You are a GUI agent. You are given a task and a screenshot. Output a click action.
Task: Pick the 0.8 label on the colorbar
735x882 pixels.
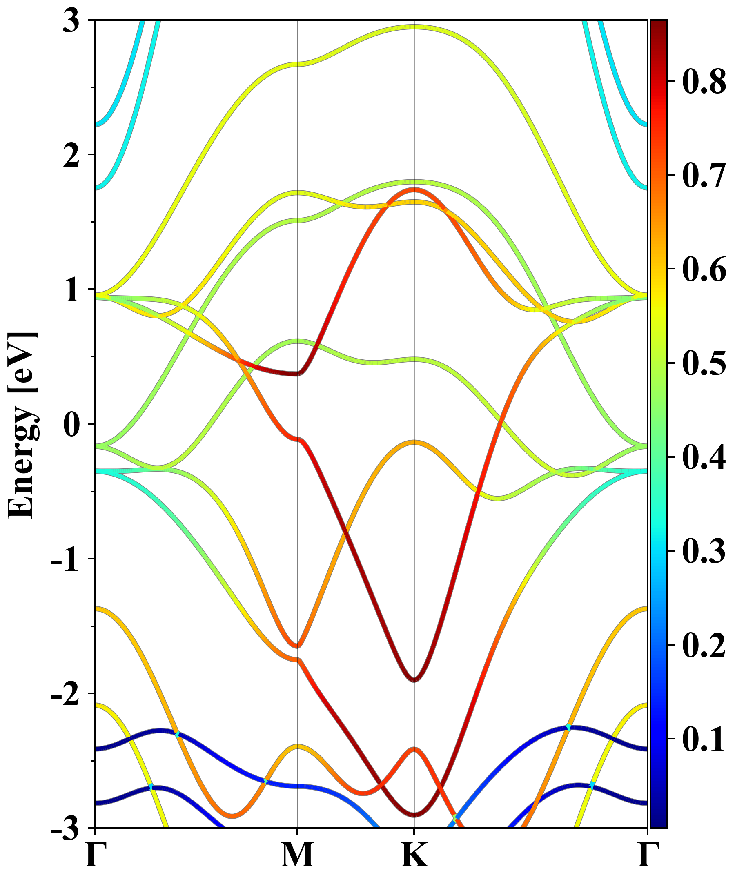click(x=704, y=81)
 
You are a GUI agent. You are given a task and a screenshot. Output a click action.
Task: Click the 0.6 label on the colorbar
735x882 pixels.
click(x=704, y=269)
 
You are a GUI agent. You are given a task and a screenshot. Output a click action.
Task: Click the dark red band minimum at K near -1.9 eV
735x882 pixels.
click(x=414, y=679)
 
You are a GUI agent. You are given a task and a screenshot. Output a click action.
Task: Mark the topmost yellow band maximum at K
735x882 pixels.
click(x=414, y=27)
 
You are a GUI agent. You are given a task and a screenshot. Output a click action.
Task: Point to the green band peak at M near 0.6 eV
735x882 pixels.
click(x=297, y=341)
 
